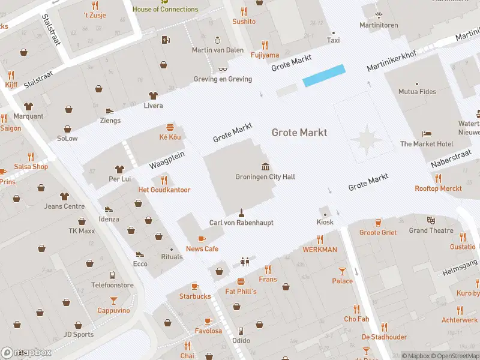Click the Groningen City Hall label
pyautogui.click(x=265, y=177)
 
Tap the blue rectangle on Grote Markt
pyautogui.click(x=324, y=76)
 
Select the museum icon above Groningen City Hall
pyautogui.click(x=265, y=166)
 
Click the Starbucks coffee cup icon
pyautogui.click(x=195, y=286)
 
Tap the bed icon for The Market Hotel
pyautogui.click(x=427, y=133)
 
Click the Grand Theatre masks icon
pyautogui.click(x=431, y=220)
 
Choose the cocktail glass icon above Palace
pyautogui.click(x=342, y=271)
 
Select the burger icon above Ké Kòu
pyautogui.click(x=170, y=127)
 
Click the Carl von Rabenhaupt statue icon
pyautogui.click(x=241, y=212)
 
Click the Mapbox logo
pyautogui.click(x=26, y=353)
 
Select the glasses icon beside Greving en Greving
pyautogui.click(x=223, y=69)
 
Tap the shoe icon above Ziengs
pyautogui.click(x=110, y=110)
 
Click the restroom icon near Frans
pyautogui.click(x=244, y=262)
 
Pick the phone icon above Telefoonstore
pyautogui.click(x=112, y=275)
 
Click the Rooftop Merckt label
pyautogui.click(x=438, y=188)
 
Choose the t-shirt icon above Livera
pyautogui.click(x=153, y=95)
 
